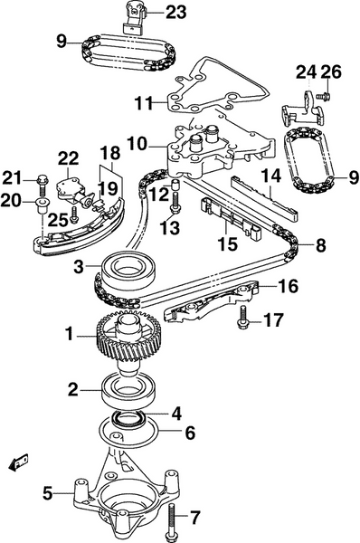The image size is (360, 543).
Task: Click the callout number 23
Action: (176, 12)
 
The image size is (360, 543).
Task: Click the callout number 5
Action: (47, 493)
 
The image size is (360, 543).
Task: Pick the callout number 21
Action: (12, 176)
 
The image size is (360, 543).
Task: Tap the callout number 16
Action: (288, 287)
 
